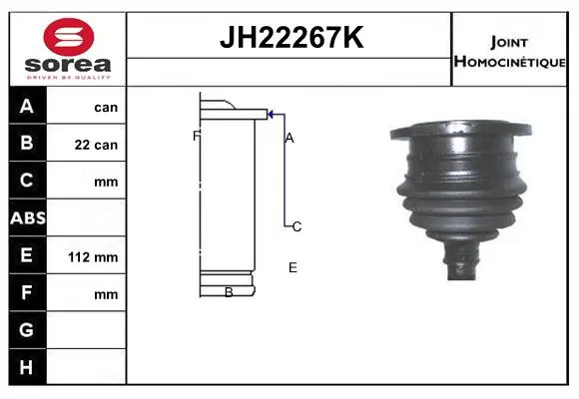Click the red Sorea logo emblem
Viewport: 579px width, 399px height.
[x=69, y=37]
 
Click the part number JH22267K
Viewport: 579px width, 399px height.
[x=291, y=37]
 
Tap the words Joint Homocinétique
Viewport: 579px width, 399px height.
[x=509, y=52]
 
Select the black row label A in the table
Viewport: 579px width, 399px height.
[x=27, y=106]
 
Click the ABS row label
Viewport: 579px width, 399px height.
[x=28, y=217]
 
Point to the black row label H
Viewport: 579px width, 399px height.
[x=27, y=367]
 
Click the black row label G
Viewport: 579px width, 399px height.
[x=27, y=329]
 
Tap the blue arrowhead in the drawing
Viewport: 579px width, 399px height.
[x=271, y=115]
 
